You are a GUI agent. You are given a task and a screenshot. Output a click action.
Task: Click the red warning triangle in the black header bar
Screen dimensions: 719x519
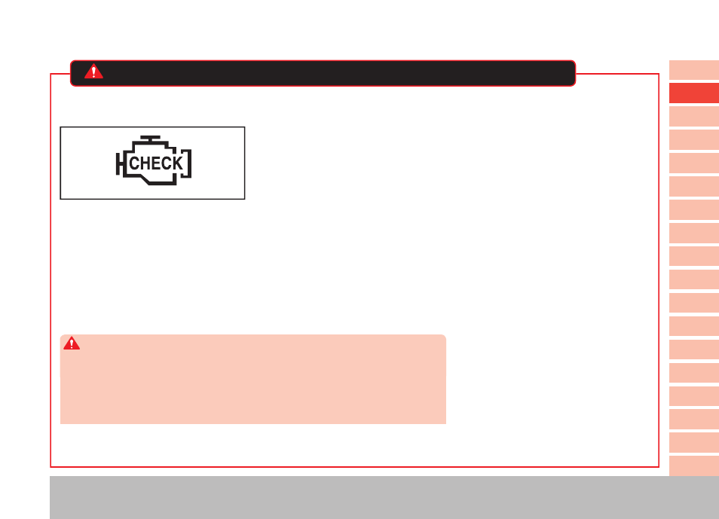(x=93, y=72)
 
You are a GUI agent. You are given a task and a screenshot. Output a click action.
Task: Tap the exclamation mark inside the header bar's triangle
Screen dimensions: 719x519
(x=93, y=72)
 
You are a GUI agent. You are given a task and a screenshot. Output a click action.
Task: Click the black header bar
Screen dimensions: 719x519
(x=323, y=73)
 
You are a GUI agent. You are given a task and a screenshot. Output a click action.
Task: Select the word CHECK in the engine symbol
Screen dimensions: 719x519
(x=156, y=163)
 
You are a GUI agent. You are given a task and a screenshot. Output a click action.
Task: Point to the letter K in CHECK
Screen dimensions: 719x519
(x=177, y=163)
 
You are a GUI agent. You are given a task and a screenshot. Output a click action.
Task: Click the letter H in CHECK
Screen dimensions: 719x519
(x=145, y=163)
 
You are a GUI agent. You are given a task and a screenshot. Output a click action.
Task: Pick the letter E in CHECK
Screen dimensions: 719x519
(x=155, y=163)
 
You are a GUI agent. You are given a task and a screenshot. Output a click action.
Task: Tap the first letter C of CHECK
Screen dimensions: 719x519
(x=134, y=163)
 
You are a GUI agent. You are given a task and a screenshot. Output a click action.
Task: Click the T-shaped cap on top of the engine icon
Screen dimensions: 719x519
(x=151, y=139)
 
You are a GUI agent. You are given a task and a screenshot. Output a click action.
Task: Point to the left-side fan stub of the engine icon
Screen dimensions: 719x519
(x=119, y=163)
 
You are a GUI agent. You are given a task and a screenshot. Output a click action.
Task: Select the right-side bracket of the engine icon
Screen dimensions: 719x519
(x=187, y=163)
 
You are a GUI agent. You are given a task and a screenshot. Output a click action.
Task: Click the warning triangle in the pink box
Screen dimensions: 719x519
(x=72, y=343)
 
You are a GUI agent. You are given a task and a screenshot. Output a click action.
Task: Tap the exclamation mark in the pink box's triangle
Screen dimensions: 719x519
(x=72, y=343)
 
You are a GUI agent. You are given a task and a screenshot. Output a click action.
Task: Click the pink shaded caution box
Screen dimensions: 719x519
(x=253, y=379)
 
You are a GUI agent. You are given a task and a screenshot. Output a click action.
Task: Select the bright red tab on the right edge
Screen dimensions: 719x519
(x=694, y=93)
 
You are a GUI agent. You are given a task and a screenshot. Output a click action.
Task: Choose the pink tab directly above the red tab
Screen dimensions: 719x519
(x=694, y=70)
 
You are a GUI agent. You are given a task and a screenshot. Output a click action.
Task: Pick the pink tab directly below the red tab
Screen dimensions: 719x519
(x=694, y=117)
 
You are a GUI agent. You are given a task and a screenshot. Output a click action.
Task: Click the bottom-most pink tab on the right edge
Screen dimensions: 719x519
(x=694, y=466)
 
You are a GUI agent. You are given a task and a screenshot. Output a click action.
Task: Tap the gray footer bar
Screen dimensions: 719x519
(x=384, y=497)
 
